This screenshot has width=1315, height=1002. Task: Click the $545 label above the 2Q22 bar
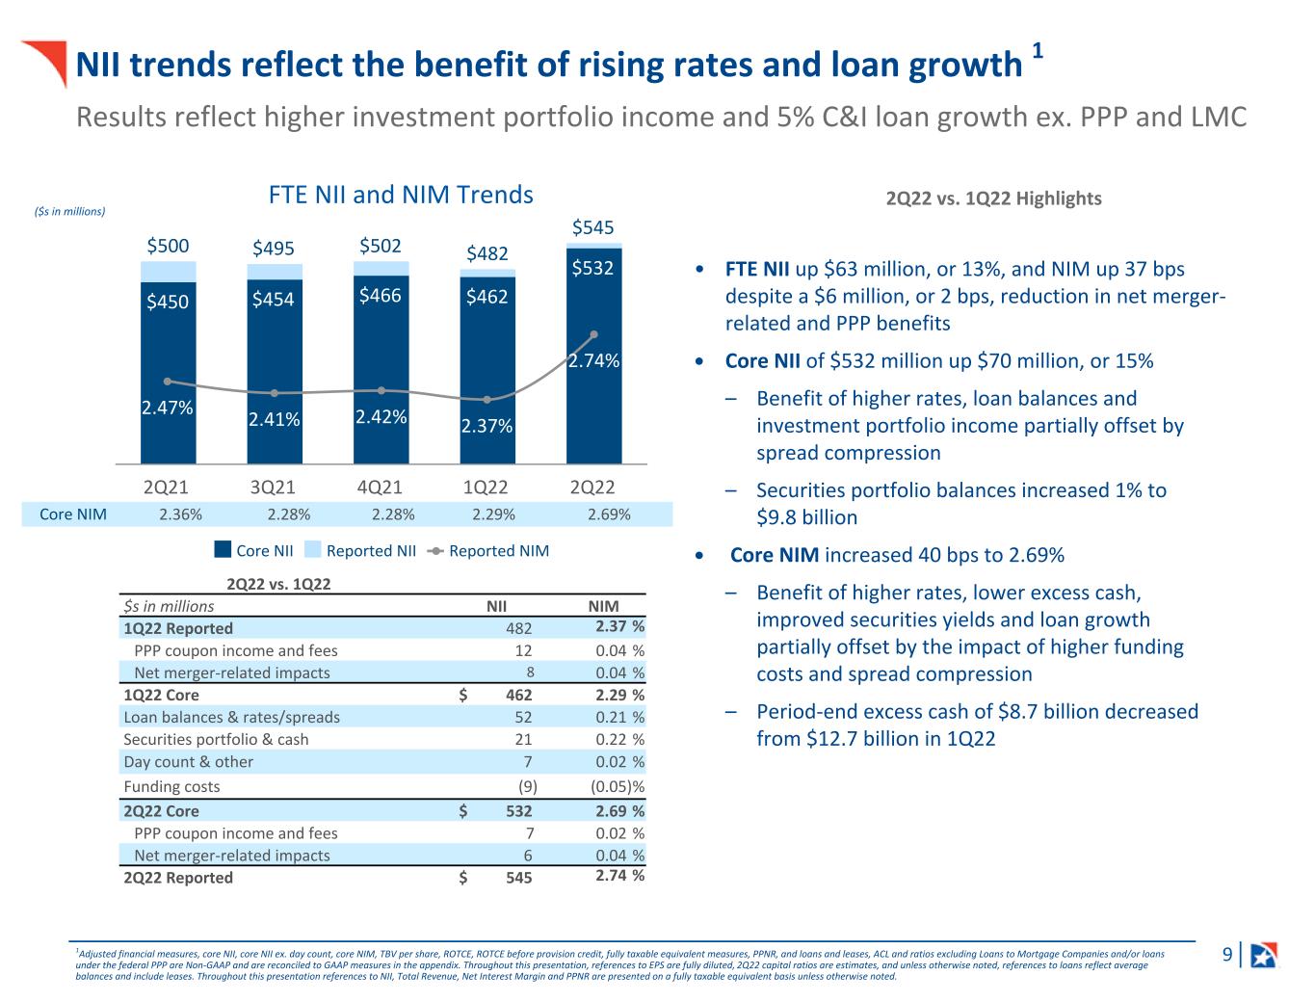pyautogui.click(x=592, y=228)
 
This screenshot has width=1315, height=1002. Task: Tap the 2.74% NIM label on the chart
pyautogui.click(x=593, y=360)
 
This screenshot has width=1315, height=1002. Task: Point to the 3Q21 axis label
pyautogui.click(x=274, y=488)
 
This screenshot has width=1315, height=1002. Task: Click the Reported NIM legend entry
pyautogui.click(x=488, y=551)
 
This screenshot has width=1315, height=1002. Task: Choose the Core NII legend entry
pyautogui.click(x=253, y=551)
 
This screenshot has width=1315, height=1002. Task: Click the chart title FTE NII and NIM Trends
pyautogui.click(x=401, y=196)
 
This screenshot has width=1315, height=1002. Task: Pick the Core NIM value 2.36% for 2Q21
pyautogui.click(x=180, y=514)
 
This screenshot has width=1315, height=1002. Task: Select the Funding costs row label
pyautogui.click(x=171, y=786)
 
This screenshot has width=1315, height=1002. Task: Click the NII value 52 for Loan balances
pyautogui.click(x=523, y=717)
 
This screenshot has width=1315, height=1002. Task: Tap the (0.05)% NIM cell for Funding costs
pyautogui.click(x=617, y=786)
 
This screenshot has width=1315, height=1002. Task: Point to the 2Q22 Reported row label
pyautogui.click(x=178, y=878)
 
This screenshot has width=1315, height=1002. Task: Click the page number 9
pyautogui.click(x=1227, y=955)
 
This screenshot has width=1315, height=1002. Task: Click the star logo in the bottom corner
pyautogui.click(x=1263, y=955)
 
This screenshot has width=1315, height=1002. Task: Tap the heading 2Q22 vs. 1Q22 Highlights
pyautogui.click(x=993, y=198)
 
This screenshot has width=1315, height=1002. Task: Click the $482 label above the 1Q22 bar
pyautogui.click(x=487, y=254)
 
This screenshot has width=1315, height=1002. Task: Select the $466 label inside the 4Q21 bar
pyautogui.click(x=380, y=295)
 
